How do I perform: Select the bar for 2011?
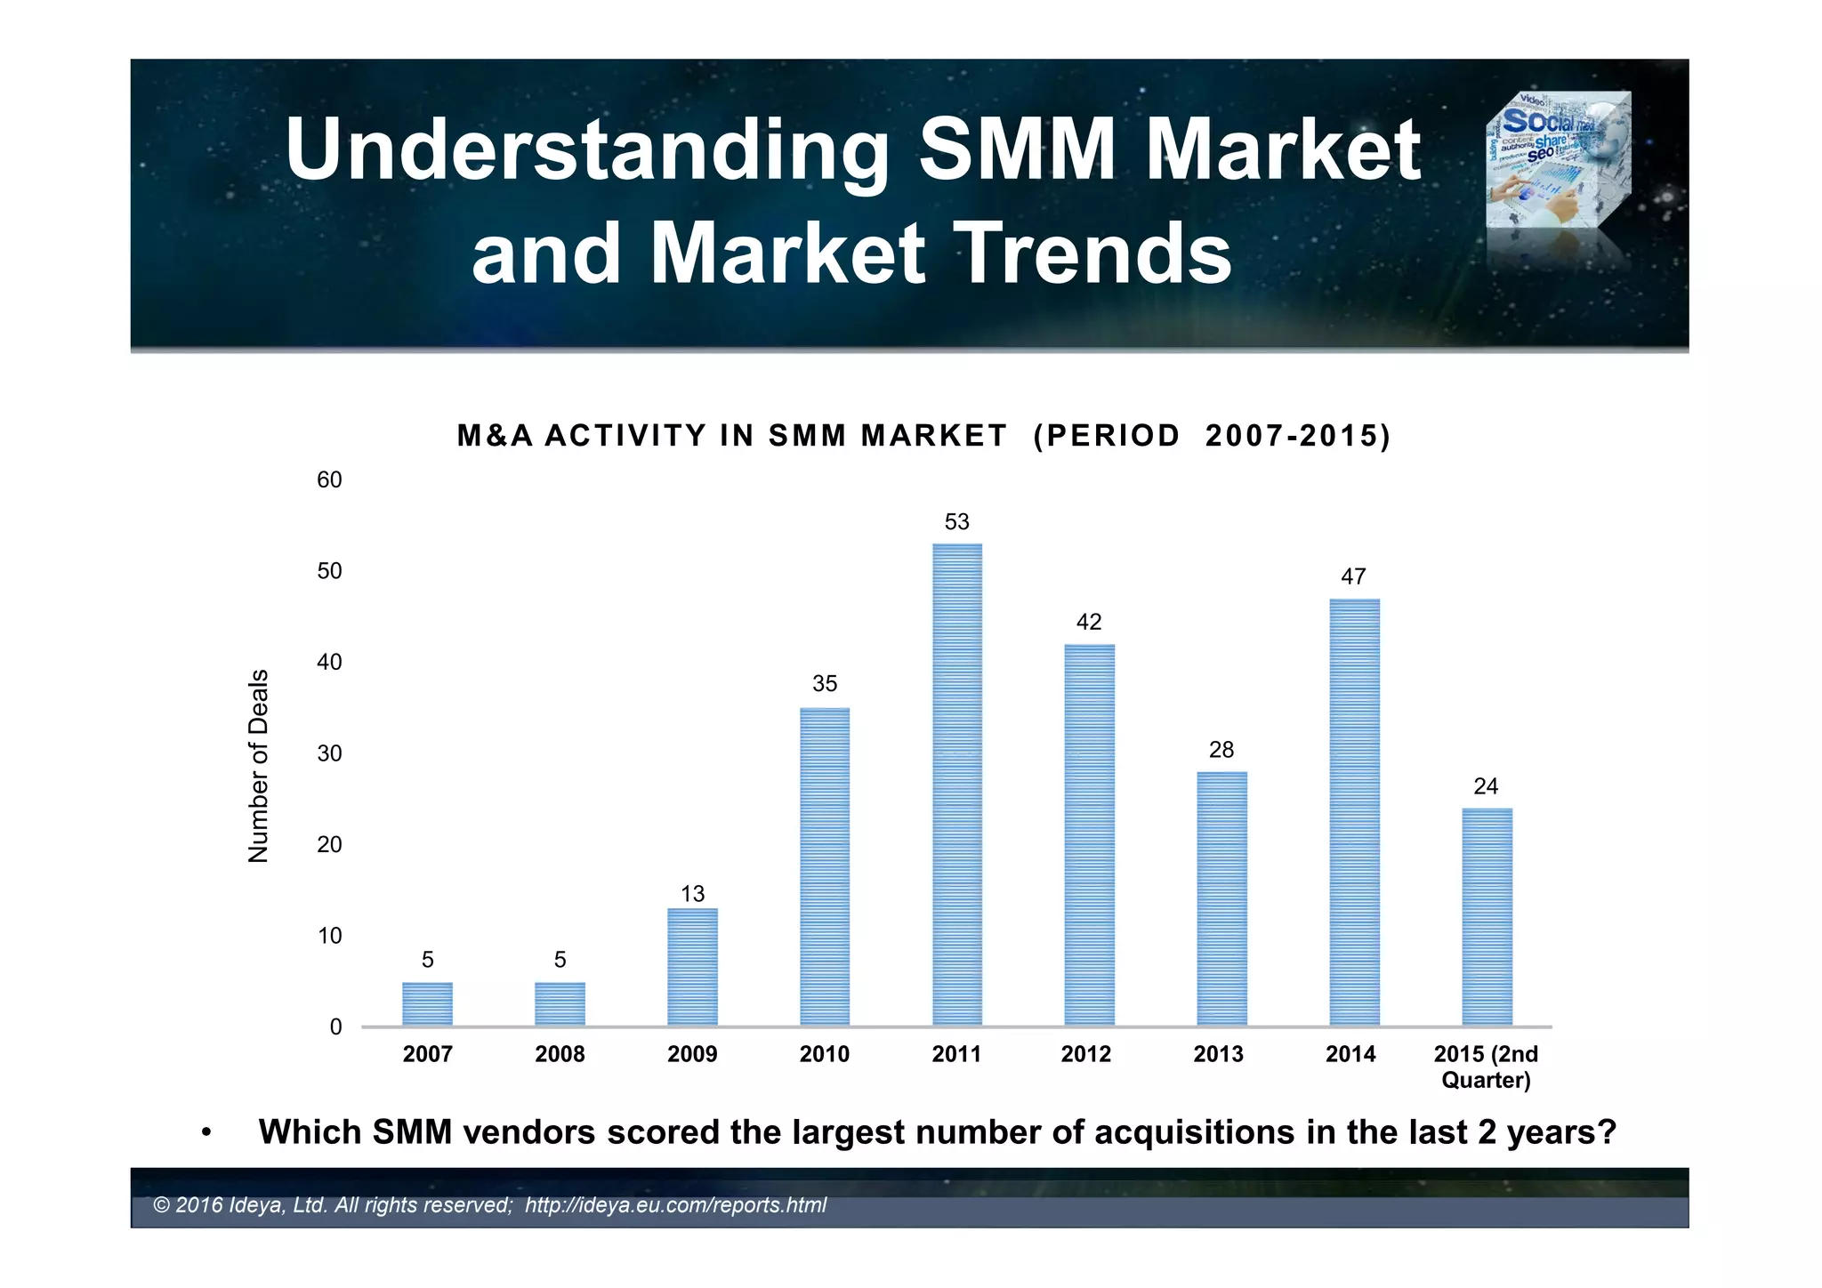(957, 785)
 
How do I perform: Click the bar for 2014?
(1354, 812)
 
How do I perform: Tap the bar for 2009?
(692, 967)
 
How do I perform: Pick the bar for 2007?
(427, 1003)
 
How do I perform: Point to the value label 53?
(956, 522)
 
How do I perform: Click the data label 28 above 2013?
(1221, 750)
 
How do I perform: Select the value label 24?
(1485, 786)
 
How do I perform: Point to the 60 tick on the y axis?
(329, 480)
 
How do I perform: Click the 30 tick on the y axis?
(329, 753)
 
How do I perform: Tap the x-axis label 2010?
(824, 1054)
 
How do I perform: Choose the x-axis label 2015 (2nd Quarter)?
(1485, 1067)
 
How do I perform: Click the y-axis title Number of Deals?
(258, 765)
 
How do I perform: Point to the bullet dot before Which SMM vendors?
(206, 1133)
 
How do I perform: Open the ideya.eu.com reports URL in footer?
(675, 1205)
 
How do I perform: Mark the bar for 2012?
(1089, 834)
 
